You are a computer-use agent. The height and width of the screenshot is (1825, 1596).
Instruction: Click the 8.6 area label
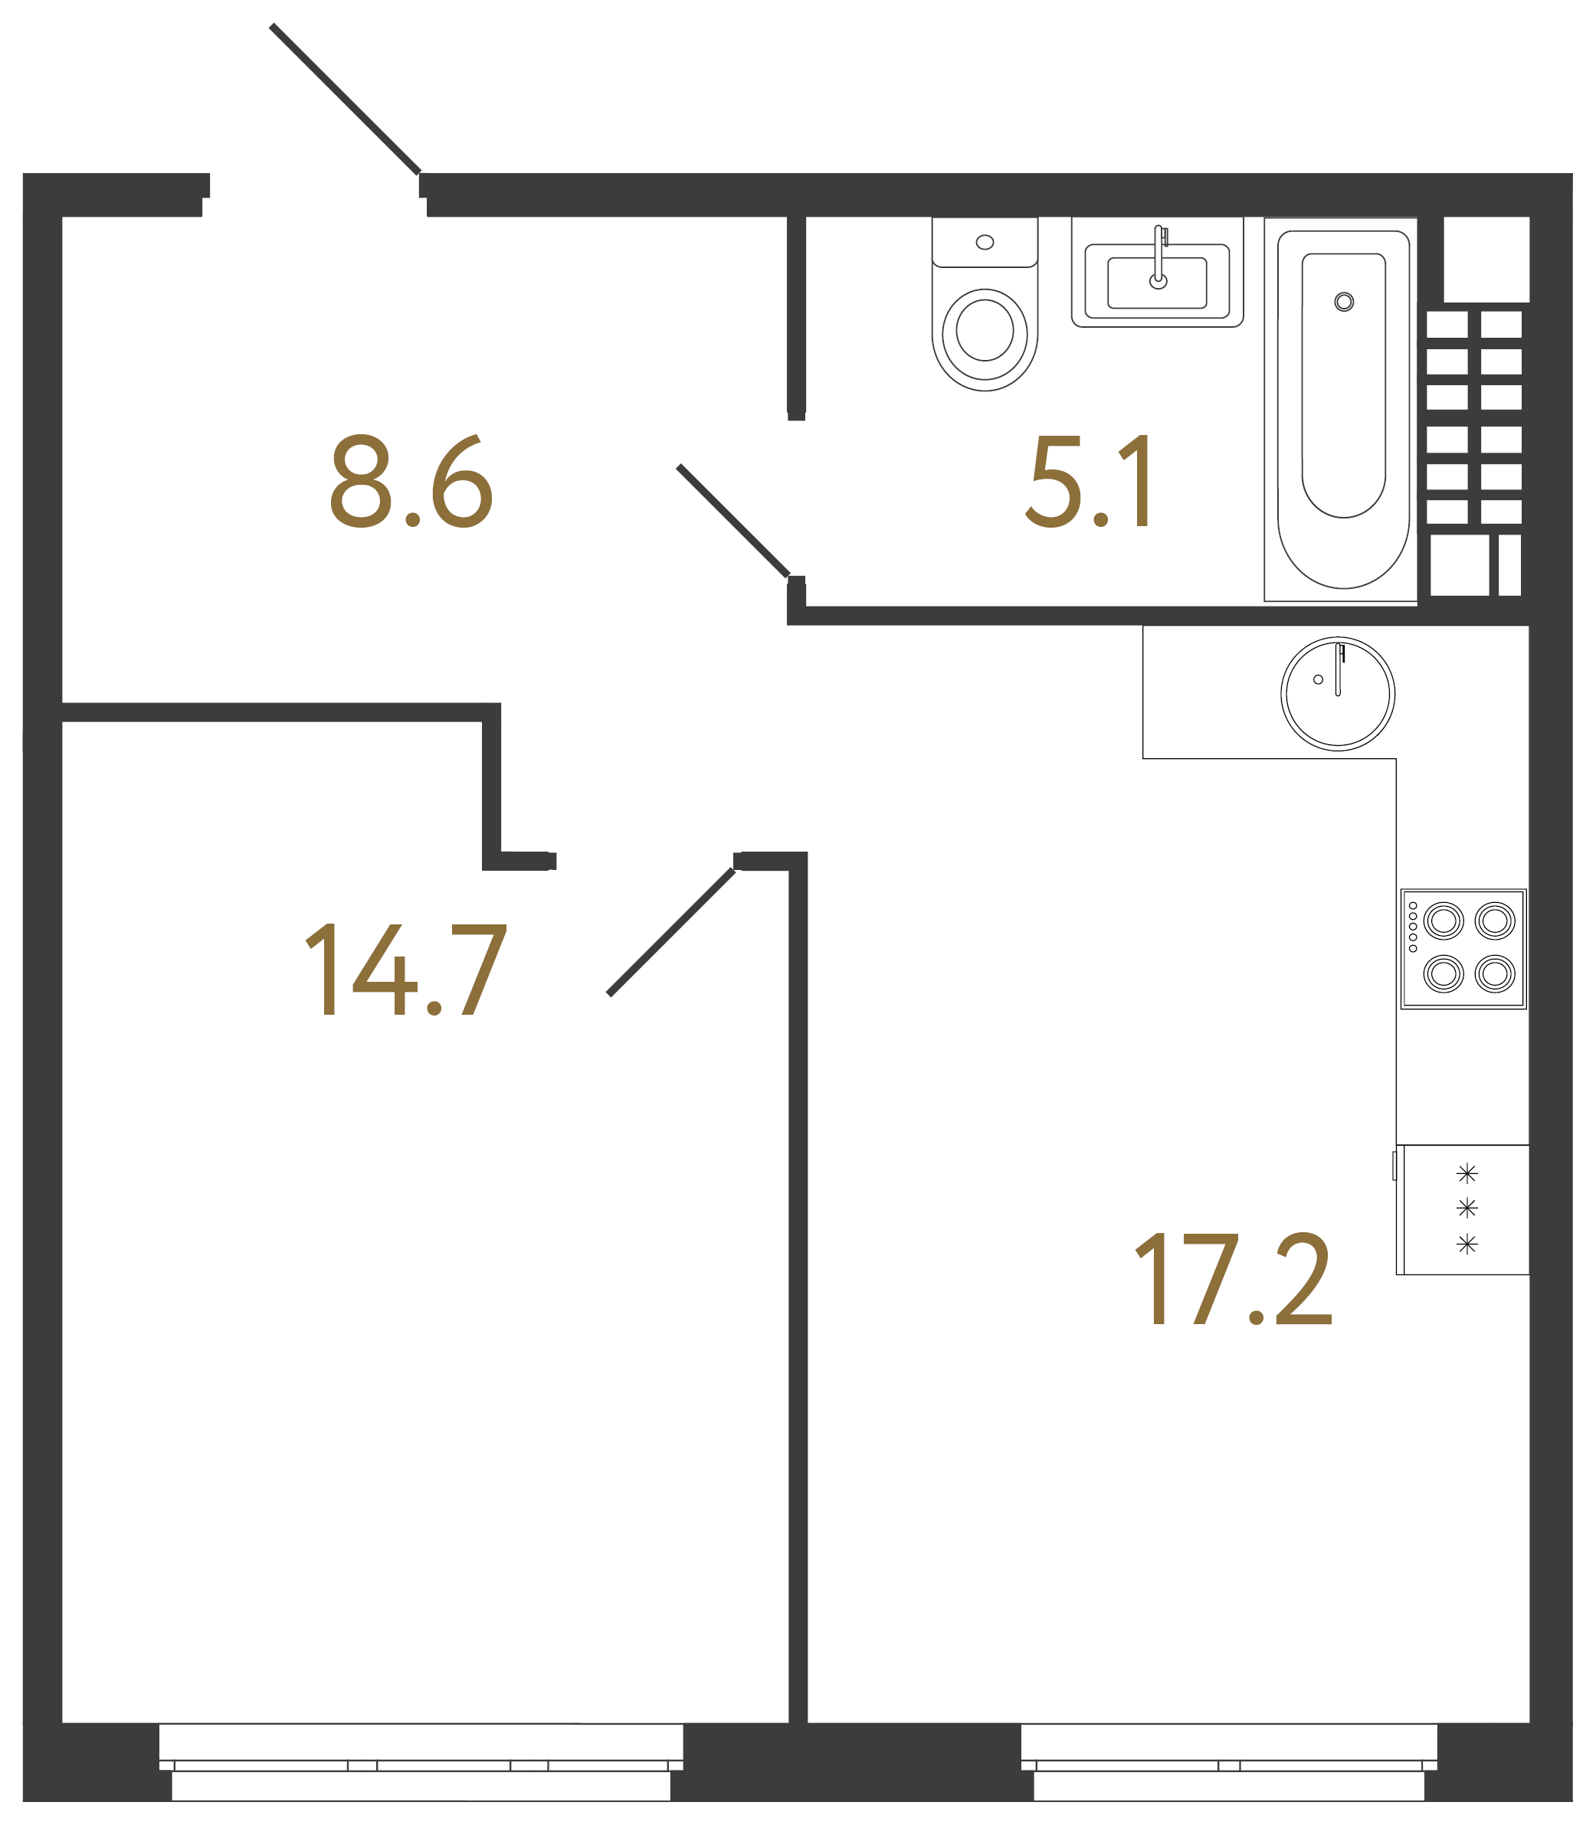point(411,482)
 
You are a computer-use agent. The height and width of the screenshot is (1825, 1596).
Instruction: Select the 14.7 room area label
point(406,970)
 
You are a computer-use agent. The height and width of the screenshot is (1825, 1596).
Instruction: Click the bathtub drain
point(1344,302)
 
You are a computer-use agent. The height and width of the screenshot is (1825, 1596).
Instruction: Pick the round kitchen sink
point(1337,695)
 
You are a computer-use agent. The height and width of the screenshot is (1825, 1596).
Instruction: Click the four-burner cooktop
point(1463,949)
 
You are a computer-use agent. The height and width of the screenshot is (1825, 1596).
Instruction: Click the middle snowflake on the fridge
point(1467,1208)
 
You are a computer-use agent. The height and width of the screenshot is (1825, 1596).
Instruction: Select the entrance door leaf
point(346,99)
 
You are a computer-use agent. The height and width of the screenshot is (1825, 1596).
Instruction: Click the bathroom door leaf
point(733,521)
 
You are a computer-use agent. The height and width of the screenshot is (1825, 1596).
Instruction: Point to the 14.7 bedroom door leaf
point(671,931)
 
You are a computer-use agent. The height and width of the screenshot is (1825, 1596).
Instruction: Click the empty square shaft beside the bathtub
point(1486,259)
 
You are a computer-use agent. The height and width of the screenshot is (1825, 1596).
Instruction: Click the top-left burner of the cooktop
point(1444,921)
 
